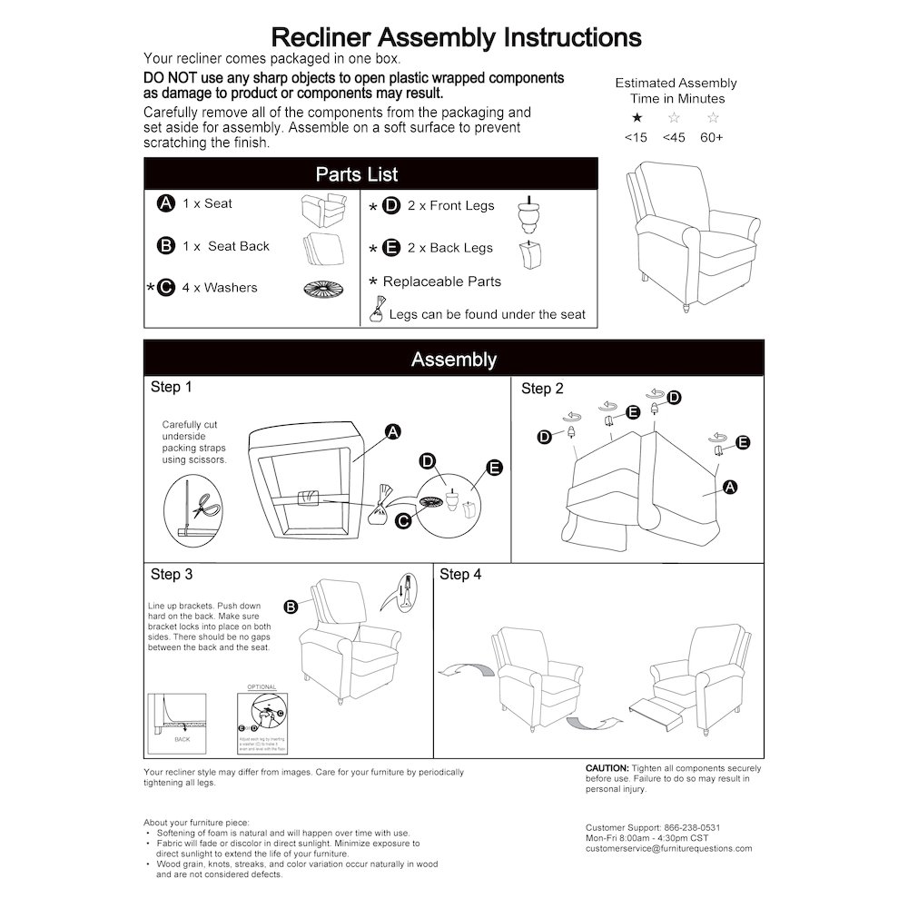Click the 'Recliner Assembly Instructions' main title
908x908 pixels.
click(x=457, y=37)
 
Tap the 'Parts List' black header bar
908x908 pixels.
click(x=370, y=173)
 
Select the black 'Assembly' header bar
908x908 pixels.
click(x=453, y=359)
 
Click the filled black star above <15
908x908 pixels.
click(x=637, y=118)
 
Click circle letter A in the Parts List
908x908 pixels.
click(x=165, y=203)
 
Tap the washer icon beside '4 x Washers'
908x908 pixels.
click(x=322, y=289)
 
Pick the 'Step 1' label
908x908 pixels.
click(x=171, y=388)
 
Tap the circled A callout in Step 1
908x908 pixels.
click(x=392, y=432)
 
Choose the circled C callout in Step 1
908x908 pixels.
click(x=404, y=518)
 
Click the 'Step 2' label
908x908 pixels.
click(x=542, y=389)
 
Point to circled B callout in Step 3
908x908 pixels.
click(x=291, y=607)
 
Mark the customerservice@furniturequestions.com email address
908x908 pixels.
click(x=668, y=848)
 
